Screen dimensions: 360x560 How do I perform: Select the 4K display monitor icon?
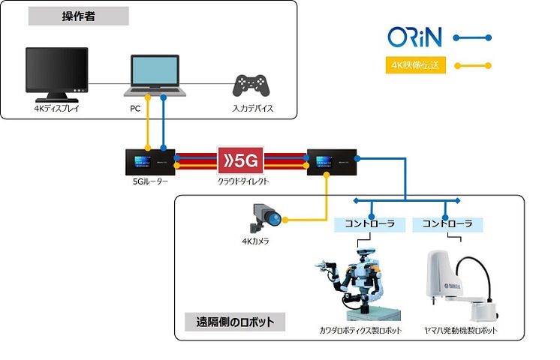[56, 73]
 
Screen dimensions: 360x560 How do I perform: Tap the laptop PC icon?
[155, 76]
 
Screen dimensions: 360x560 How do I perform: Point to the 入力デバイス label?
[252, 109]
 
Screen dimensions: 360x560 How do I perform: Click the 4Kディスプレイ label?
[56, 109]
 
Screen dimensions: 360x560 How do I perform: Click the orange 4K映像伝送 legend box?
[415, 65]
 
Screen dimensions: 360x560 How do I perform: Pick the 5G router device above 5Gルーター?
[150, 161]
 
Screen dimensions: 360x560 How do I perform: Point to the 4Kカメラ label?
[255, 241]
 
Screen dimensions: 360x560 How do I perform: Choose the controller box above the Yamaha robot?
[448, 223]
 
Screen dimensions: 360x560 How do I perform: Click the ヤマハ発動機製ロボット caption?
[462, 331]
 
